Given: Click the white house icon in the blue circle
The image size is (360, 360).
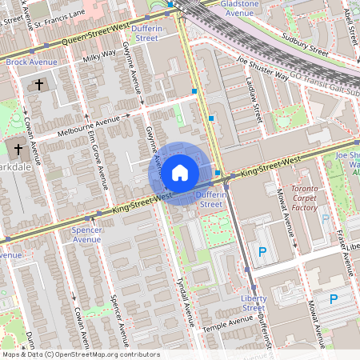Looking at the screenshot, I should point(180,172).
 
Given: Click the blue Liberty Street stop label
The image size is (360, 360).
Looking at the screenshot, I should point(254,302).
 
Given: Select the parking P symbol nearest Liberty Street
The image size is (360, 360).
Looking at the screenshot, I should point(262,252).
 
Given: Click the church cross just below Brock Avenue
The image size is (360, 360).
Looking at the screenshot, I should point(39,84).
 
